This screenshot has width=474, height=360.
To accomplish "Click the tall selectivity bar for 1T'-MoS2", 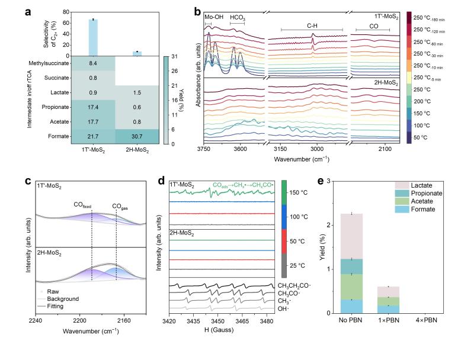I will [93, 37].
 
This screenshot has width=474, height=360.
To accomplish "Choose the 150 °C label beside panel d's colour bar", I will [299, 193].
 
